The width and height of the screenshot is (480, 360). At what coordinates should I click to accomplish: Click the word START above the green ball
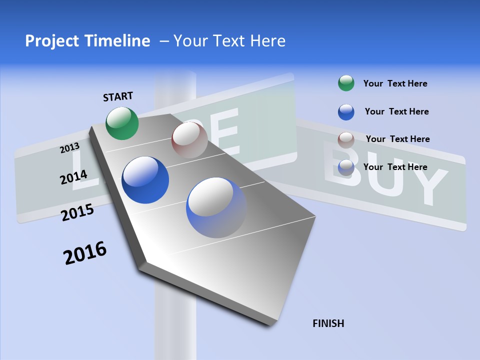[118, 96]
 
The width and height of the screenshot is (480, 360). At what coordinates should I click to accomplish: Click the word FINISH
[328, 323]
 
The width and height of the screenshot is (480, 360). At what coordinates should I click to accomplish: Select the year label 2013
[69, 148]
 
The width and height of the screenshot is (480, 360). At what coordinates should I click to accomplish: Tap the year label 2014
[73, 177]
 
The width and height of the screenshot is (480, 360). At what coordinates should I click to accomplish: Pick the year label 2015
[77, 212]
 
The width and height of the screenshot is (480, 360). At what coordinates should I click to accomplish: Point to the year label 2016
[84, 253]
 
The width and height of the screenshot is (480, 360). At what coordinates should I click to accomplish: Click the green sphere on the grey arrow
[122, 123]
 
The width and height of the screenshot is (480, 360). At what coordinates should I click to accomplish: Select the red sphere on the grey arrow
[189, 140]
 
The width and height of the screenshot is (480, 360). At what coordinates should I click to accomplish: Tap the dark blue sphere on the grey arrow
[145, 180]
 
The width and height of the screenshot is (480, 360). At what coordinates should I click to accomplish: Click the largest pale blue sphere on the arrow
[216, 207]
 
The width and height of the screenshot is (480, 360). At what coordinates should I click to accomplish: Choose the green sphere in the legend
[346, 83]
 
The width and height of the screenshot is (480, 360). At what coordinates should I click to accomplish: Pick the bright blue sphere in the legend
[346, 112]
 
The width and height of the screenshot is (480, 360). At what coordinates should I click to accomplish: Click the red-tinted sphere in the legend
[346, 139]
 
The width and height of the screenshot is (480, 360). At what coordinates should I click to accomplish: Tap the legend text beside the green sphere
[395, 83]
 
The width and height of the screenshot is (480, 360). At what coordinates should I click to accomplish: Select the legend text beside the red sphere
[397, 139]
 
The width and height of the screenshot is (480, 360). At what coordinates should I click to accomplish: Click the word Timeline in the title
[120, 41]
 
